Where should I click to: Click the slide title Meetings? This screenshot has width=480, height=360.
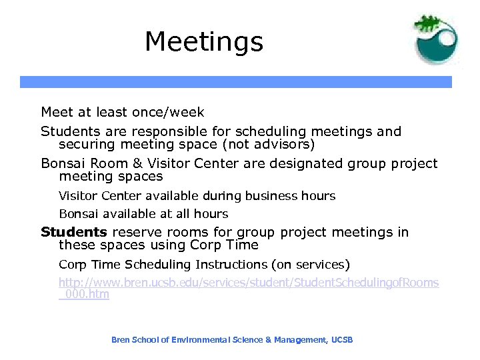(x=204, y=41)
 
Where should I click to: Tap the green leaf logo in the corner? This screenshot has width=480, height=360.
(x=435, y=38)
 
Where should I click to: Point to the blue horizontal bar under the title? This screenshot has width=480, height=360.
(x=235, y=82)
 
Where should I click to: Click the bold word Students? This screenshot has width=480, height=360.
(x=73, y=232)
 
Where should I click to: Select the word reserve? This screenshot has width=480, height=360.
(x=134, y=232)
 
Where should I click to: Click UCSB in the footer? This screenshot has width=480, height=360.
(x=341, y=340)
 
